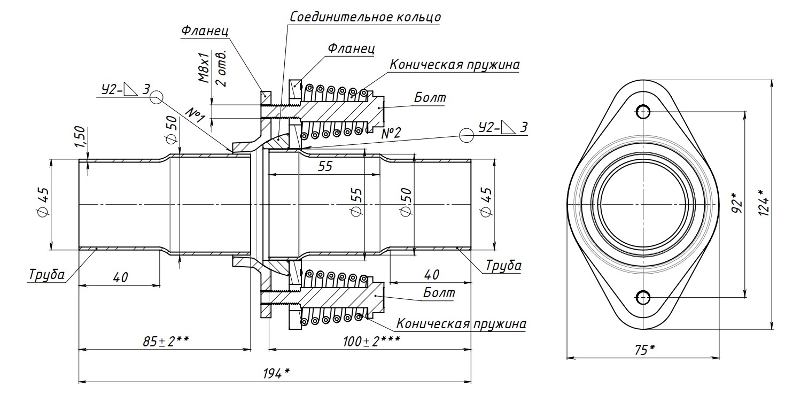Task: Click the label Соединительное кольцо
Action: click(366, 17)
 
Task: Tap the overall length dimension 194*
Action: click(276, 374)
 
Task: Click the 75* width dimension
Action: click(644, 350)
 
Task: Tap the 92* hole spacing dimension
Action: click(737, 204)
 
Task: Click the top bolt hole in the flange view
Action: click(643, 111)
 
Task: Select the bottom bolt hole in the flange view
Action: click(643, 297)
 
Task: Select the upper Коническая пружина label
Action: click(454, 65)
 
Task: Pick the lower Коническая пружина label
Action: click(461, 324)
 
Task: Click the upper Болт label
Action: click(430, 98)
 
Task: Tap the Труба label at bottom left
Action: click(46, 275)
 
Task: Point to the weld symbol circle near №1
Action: click(156, 97)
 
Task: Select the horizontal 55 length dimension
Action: click(324, 166)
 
